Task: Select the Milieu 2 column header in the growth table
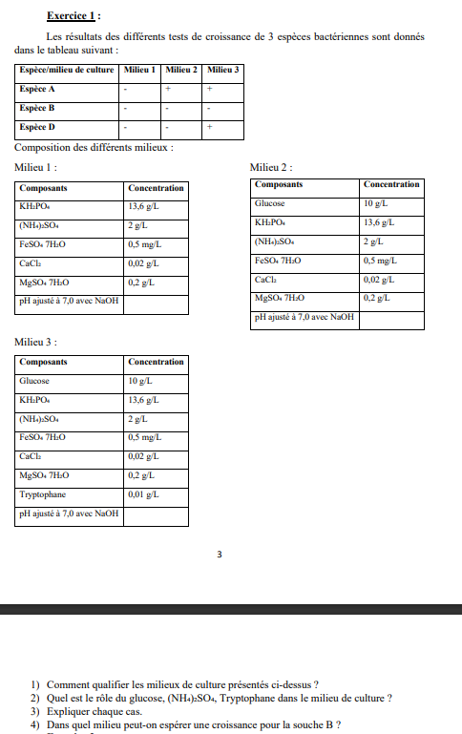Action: click(181, 70)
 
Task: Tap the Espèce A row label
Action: click(37, 89)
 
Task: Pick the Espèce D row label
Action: click(37, 126)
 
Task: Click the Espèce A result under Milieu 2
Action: click(167, 89)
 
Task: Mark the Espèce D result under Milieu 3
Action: click(209, 126)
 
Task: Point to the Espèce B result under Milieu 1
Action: click(125, 108)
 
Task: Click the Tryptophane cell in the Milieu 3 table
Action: click(40, 494)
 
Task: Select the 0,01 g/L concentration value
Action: click(143, 494)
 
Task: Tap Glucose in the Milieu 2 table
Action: click(269, 203)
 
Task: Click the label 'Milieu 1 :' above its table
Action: click(36, 167)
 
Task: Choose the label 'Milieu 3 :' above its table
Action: click(36, 341)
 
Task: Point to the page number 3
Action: click(219, 554)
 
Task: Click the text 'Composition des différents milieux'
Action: click(94, 147)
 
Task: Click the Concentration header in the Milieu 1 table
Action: click(156, 188)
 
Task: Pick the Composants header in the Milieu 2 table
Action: click(279, 184)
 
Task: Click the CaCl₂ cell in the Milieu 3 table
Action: click(31, 456)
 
